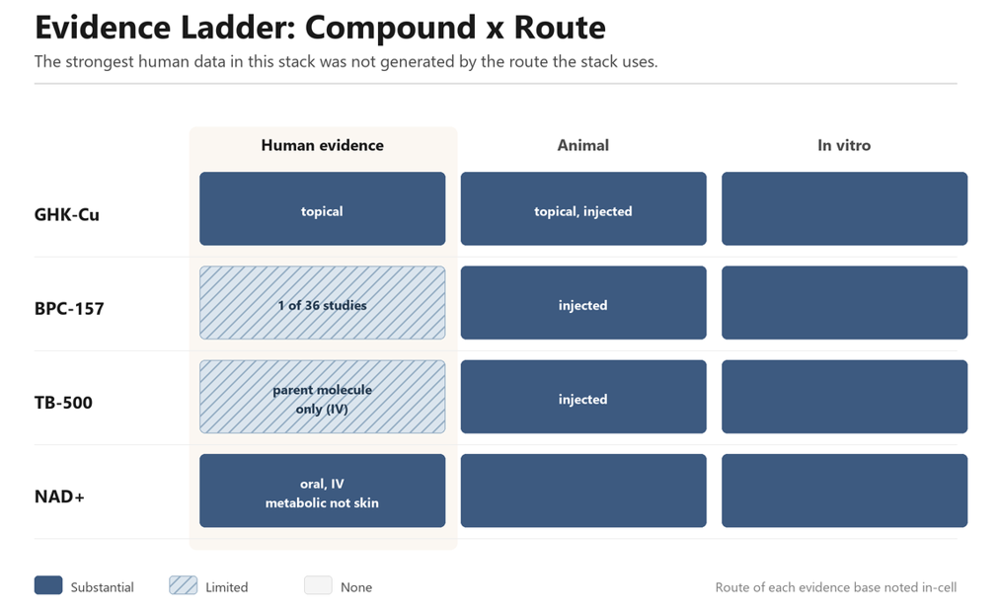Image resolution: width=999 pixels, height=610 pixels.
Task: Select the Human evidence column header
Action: tap(323, 145)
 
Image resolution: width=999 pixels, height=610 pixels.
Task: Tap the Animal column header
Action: tap(583, 145)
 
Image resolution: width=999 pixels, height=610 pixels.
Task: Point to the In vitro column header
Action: tap(844, 145)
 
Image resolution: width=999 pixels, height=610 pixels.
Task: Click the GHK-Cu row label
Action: tap(67, 214)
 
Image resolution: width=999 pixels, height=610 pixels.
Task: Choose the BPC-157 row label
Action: tap(69, 309)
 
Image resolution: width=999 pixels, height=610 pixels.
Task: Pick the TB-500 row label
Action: tap(63, 403)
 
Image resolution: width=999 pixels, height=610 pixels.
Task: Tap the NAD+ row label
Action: tap(59, 496)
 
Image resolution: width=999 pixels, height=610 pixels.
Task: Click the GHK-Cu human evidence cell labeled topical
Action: tap(323, 208)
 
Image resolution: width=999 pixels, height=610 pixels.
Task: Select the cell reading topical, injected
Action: tap(583, 208)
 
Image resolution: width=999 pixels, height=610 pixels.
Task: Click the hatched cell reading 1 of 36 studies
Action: tap(323, 302)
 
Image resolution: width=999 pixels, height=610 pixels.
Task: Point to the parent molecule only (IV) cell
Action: tap(323, 397)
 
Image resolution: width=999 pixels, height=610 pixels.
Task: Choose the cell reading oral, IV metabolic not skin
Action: tap(323, 491)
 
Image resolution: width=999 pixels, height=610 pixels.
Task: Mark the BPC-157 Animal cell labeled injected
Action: tap(583, 302)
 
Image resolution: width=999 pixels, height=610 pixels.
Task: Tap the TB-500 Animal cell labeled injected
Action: tap(583, 397)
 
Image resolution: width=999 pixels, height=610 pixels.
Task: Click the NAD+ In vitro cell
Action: tap(845, 491)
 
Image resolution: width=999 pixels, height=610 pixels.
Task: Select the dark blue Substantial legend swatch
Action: tap(48, 585)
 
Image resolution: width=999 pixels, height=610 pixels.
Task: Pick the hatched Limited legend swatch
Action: tap(183, 585)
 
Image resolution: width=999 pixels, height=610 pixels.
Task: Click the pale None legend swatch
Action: tap(318, 585)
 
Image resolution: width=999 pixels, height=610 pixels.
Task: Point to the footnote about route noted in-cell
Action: tap(836, 587)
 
